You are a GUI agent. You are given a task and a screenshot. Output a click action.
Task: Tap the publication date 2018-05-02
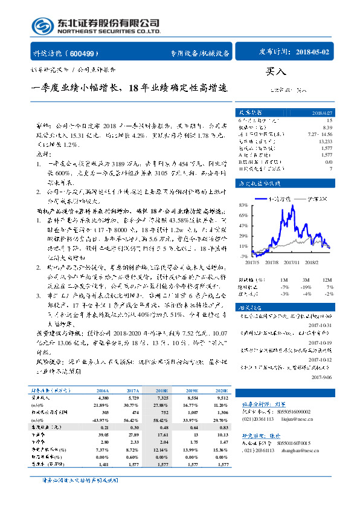(x=313, y=53)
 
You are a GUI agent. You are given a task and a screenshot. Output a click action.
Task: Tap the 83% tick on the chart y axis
(x=227, y=204)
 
